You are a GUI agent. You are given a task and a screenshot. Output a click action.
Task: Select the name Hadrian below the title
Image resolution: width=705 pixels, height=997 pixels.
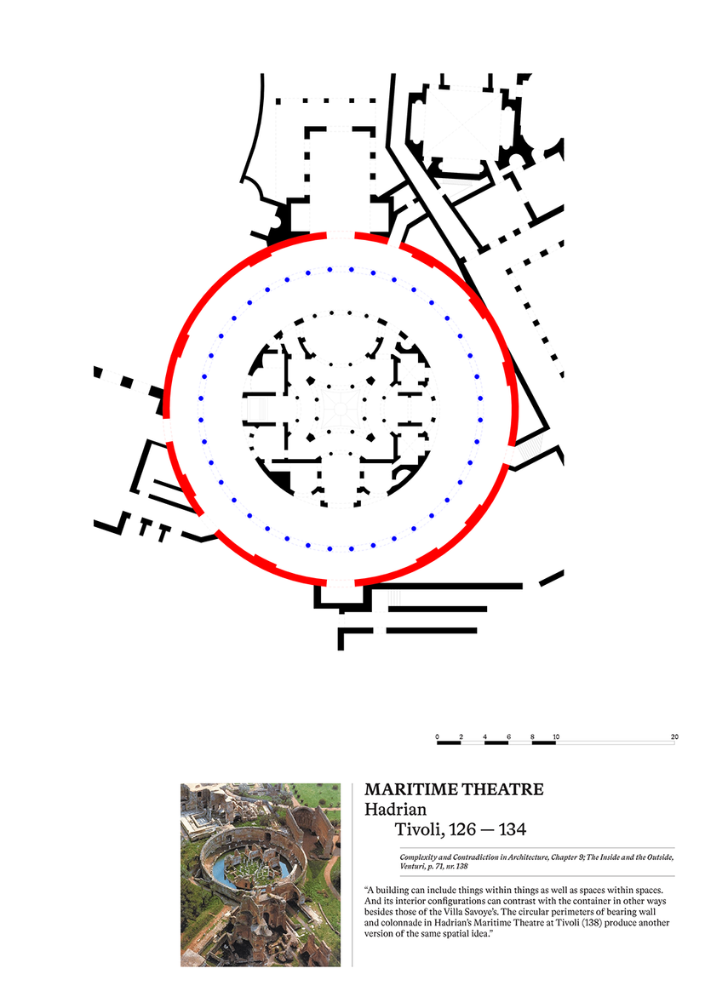pyautogui.click(x=395, y=810)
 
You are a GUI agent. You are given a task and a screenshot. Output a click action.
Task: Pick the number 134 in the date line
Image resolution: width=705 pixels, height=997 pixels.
pyautogui.click(x=513, y=830)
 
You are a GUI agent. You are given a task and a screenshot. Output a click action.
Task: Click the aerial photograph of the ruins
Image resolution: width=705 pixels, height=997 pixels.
pyautogui.click(x=261, y=875)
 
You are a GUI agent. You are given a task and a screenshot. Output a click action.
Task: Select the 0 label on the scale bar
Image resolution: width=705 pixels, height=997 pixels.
pyautogui.click(x=438, y=737)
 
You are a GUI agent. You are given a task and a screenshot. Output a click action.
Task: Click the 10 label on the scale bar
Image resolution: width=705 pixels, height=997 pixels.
pyautogui.click(x=556, y=737)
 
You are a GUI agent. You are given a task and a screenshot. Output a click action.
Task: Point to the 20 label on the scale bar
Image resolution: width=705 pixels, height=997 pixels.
pyautogui.click(x=674, y=737)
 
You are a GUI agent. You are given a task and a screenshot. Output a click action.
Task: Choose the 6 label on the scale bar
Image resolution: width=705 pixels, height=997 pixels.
pyautogui.click(x=508, y=737)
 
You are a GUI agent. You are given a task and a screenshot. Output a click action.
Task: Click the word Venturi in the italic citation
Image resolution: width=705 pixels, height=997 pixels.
pyautogui.click(x=413, y=866)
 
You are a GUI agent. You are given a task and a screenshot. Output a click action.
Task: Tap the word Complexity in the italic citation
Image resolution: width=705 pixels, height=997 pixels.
pyautogui.click(x=419, y=857)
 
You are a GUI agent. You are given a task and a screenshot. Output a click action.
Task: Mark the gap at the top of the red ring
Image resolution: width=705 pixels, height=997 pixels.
pyautogui.click(x=341, y=235)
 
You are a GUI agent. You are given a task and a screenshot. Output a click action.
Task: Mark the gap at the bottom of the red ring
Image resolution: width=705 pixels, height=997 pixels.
pyautogui.click(x=341, y=582)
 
